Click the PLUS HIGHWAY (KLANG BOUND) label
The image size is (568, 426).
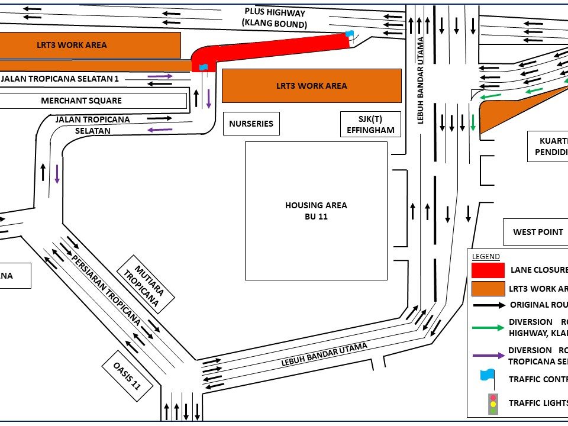[x=275, y=18]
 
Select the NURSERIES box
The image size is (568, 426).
[x=251, y=124]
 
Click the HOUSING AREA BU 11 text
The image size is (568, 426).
[x=316, y=211]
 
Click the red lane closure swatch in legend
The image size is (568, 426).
[x=488, y=270]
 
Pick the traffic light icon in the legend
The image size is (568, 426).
[x=492, y=404]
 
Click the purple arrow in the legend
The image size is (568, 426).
[x=488, y=356]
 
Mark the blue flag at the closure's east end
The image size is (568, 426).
[x=349, y=34]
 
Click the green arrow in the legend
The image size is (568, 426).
[x=488, y=327]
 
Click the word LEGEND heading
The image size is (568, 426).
[x=486, y=257]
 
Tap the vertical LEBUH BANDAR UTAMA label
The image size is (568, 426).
[x=421, y=80]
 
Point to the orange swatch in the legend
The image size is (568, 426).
[x=488, y=289]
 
